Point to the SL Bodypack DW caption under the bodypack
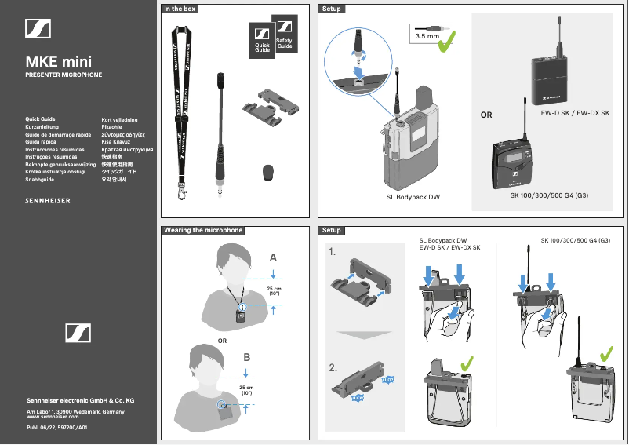click(413, 196)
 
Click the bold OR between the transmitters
click(486, 115)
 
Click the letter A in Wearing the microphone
click(273, 257)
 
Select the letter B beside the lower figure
click(247, 357)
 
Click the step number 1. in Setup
click(334, 253)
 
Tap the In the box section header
click(180, 9)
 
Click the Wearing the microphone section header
click(203, 231)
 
